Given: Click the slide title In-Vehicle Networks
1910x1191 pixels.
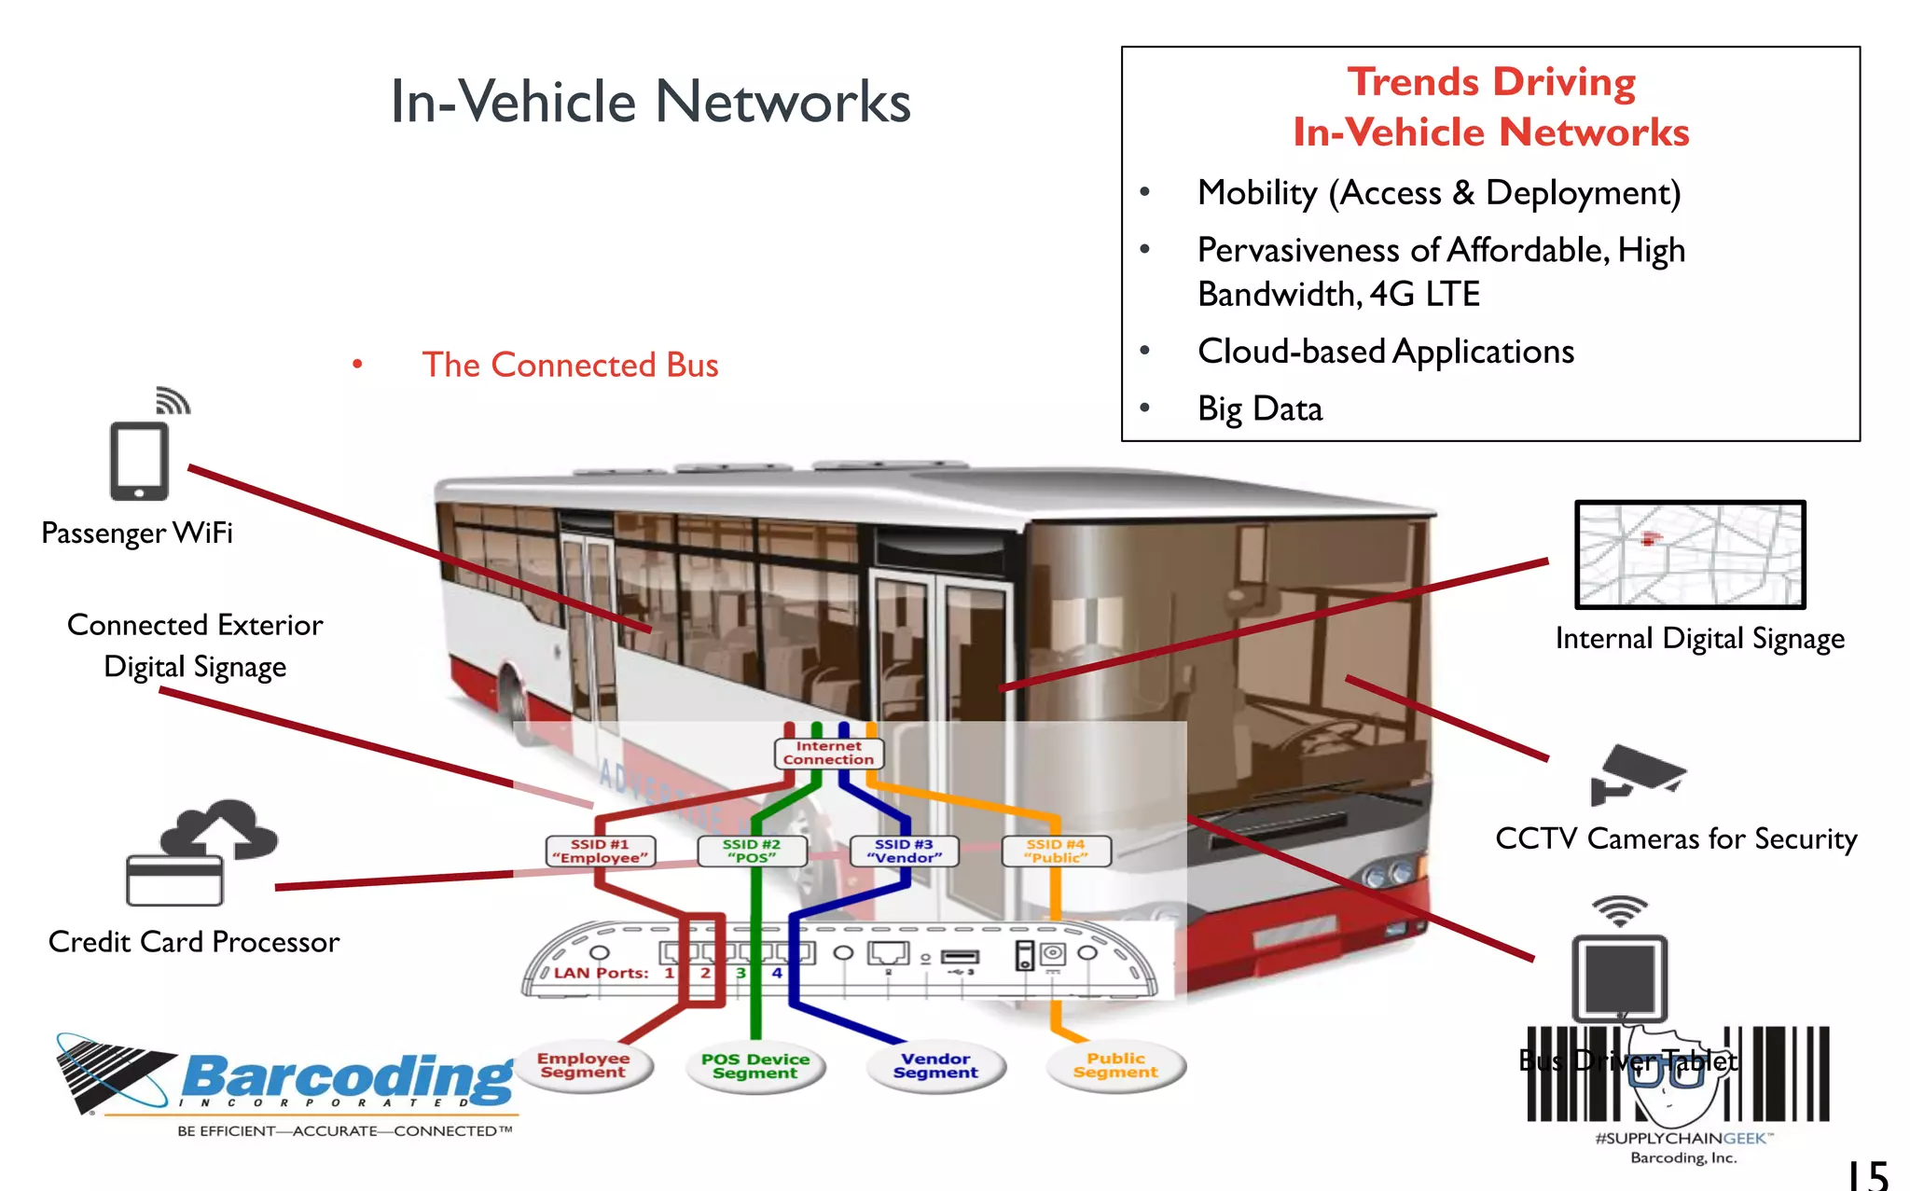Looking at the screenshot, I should (650, 101).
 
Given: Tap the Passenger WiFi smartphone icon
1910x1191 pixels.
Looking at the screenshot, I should (139, 461).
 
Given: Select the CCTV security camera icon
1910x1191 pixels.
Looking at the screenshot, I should (1637, 774).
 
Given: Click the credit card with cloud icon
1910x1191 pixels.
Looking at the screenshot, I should (201, 853).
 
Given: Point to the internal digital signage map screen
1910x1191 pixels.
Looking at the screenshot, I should (1690, 555).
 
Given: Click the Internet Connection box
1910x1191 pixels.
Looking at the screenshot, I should (828, 753).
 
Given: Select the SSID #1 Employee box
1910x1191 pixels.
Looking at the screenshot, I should (600, 851).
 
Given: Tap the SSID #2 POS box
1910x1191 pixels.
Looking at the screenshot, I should (752, 851).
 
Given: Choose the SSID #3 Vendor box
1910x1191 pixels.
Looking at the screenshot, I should (904, 851).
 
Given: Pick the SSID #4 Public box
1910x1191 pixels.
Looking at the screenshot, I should (1056, 851).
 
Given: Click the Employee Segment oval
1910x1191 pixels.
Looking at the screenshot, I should (583, 1065).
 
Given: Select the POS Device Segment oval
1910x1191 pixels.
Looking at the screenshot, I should (755, 1066).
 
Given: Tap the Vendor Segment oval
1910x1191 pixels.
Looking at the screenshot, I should (935, 1065).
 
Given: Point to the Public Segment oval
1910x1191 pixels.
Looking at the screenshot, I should (1115, 1065).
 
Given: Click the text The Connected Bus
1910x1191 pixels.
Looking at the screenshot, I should (570, 365).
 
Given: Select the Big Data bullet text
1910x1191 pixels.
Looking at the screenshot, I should (1260, 409).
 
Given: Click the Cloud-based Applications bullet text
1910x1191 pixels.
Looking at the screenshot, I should (1386, 352).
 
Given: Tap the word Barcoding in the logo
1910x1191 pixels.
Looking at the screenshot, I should (347, 1077).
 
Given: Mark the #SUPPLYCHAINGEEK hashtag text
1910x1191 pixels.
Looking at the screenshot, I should (1681, 1138).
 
